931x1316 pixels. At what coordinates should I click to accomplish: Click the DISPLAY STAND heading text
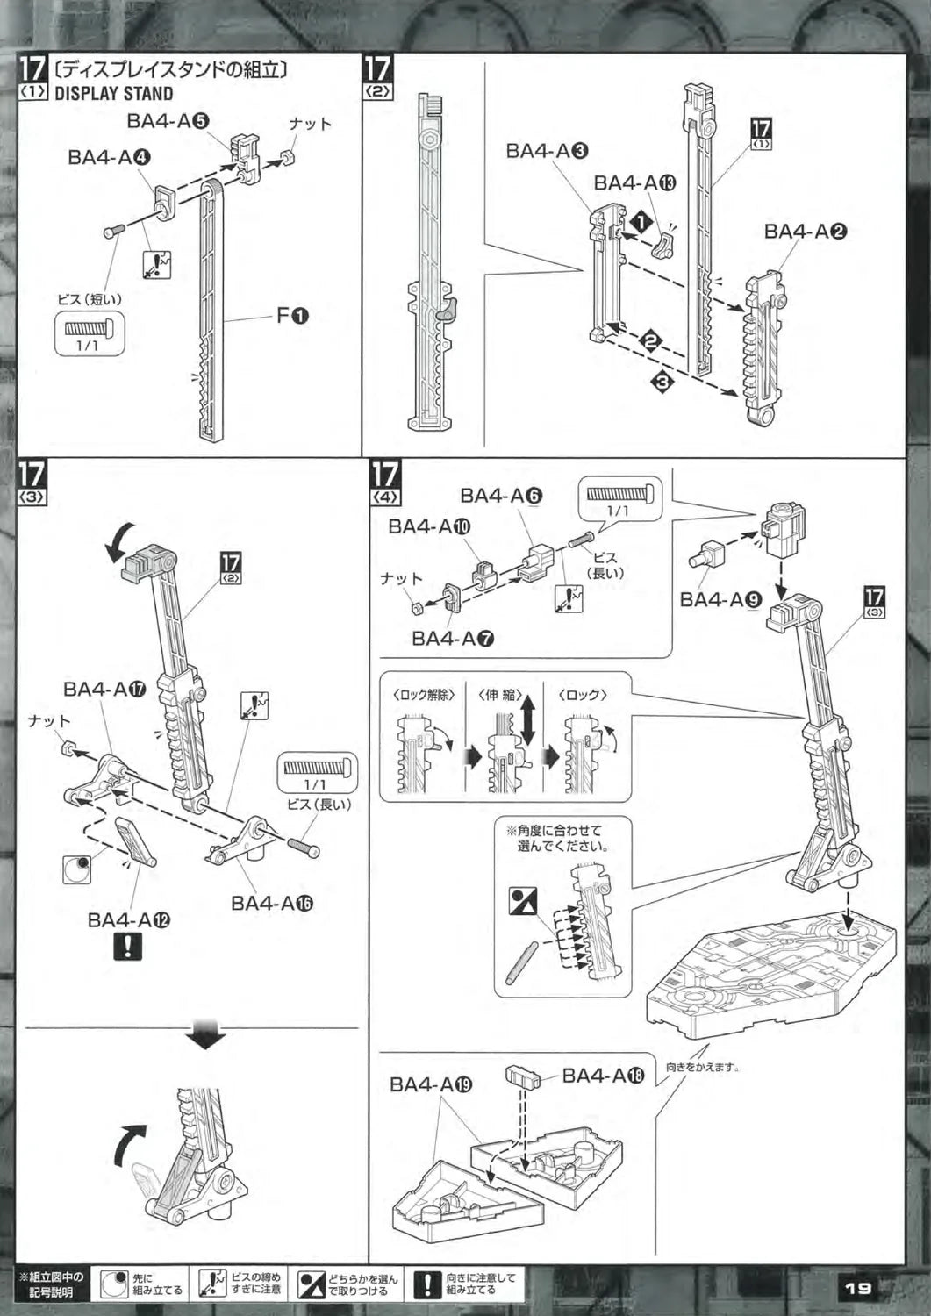113,94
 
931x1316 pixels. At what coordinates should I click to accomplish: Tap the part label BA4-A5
167,121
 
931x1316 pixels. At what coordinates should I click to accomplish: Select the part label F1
292,316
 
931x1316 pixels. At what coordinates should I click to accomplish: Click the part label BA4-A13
634,182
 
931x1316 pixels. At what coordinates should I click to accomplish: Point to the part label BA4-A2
805,232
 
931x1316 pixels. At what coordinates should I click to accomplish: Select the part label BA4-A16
272,903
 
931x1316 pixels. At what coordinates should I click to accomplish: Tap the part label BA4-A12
128,919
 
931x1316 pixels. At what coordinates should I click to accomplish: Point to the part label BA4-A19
431,1084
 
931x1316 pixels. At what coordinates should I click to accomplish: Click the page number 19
857,1288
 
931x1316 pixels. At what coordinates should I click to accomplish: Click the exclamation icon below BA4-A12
128,948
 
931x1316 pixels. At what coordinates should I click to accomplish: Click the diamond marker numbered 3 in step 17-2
661,382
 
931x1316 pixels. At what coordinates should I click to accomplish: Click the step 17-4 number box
384,481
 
